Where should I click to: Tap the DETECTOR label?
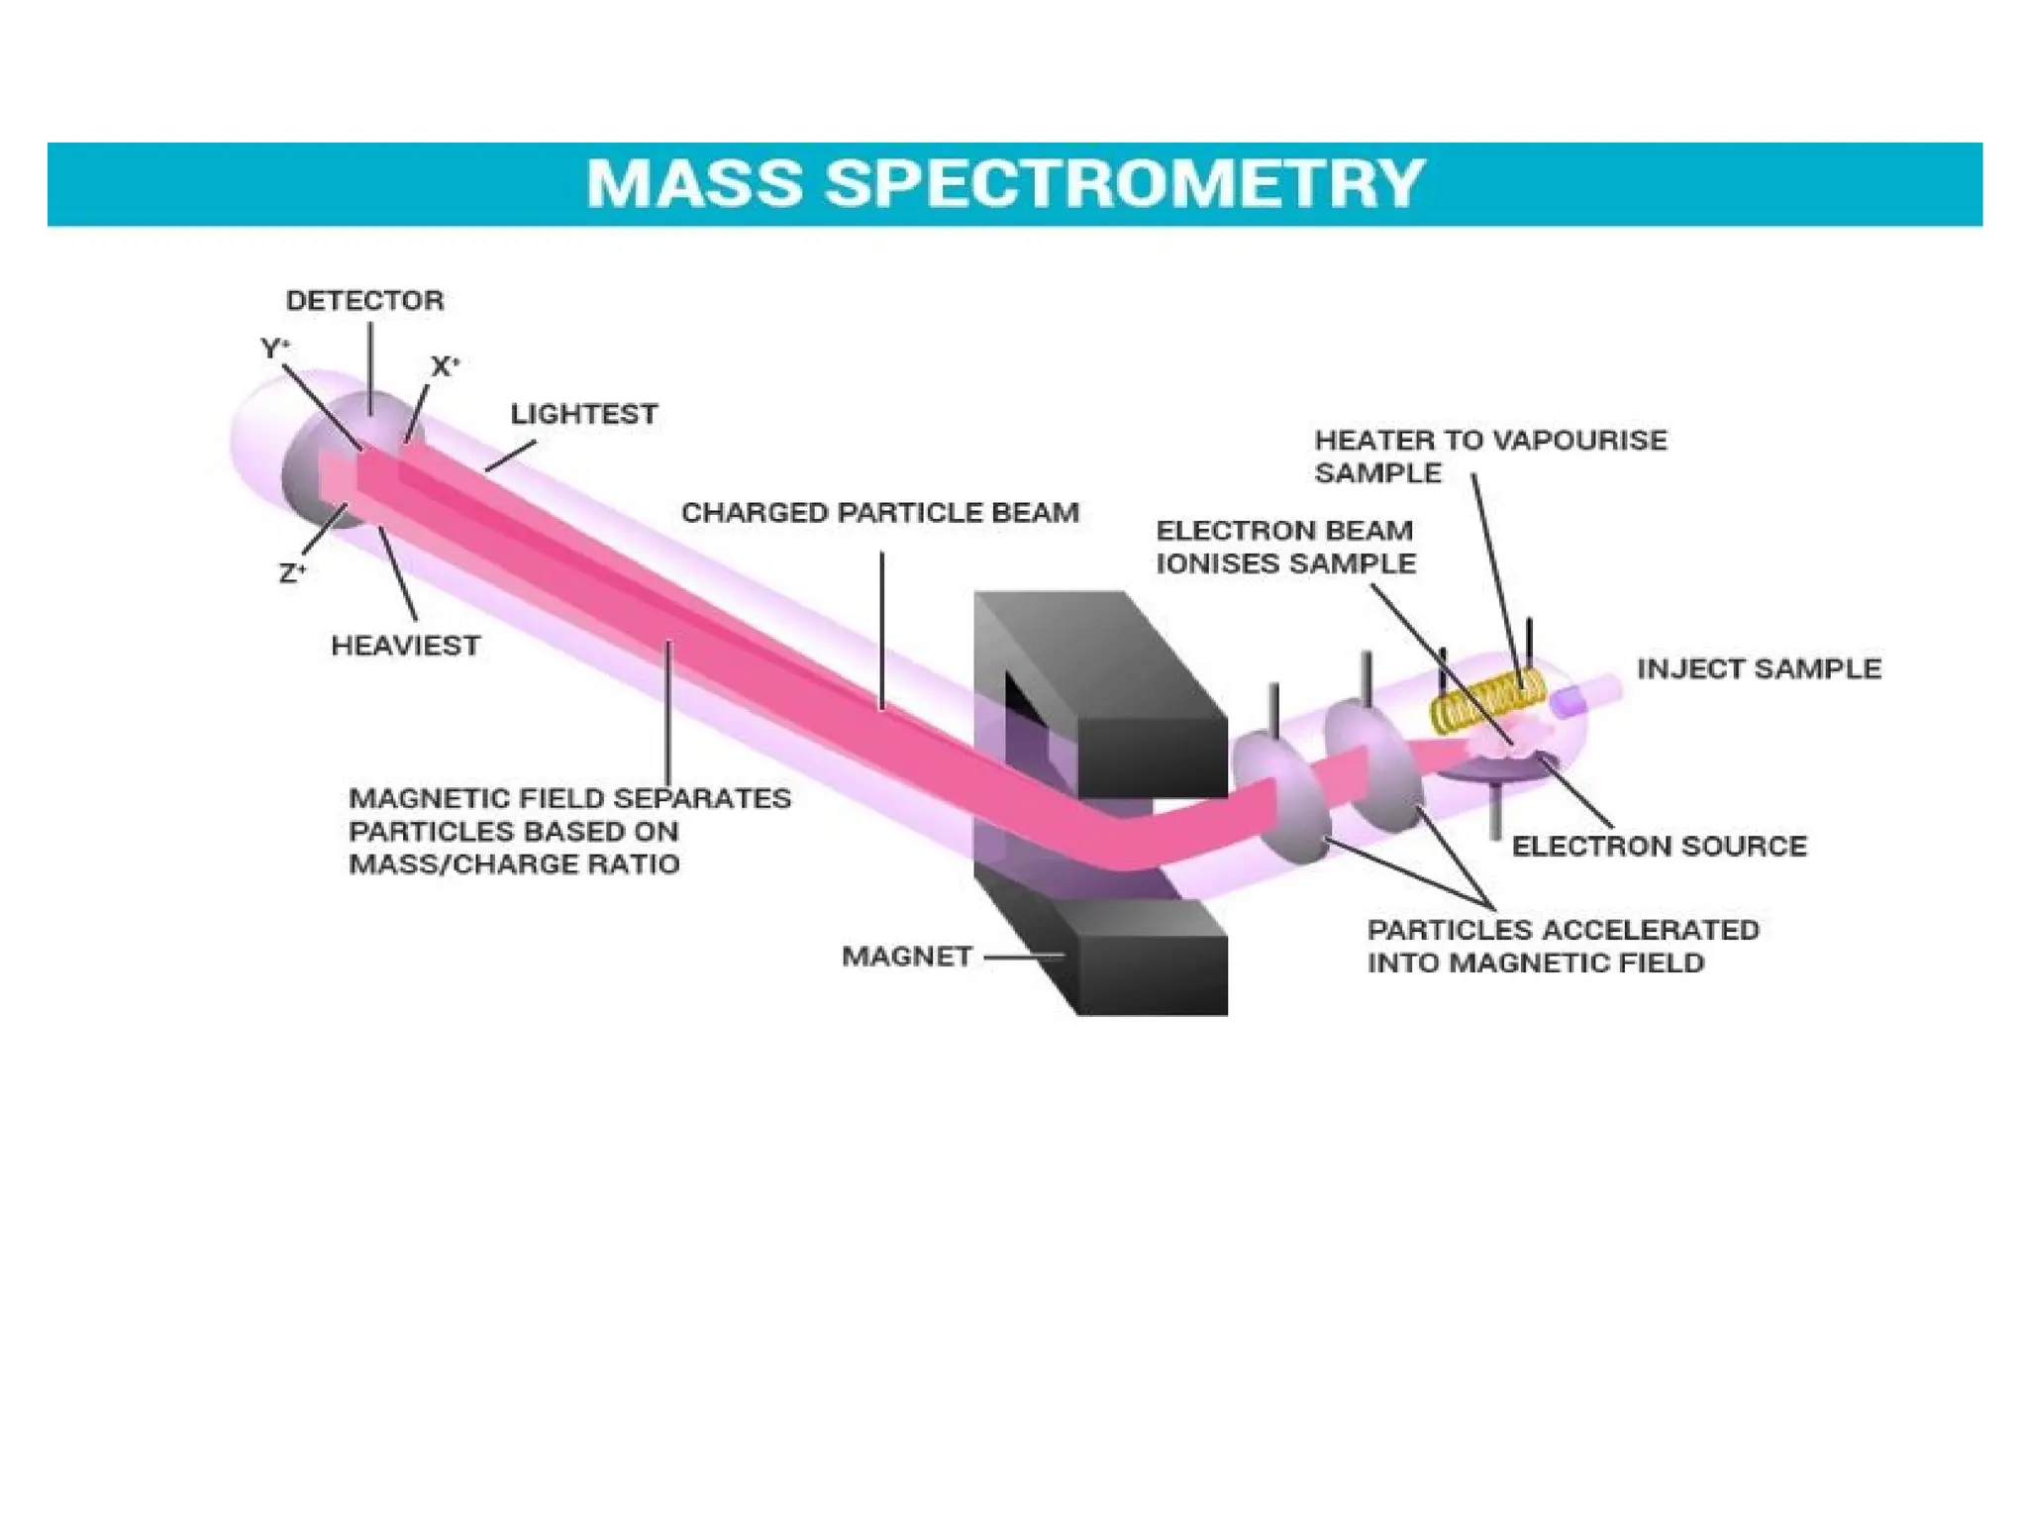pos(364,300)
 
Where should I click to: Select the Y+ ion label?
pos(274,349)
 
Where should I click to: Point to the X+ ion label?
pos(445,366)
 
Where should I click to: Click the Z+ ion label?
pos(292,573)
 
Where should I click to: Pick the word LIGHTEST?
pos(583,414)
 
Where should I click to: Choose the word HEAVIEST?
pos(405,646)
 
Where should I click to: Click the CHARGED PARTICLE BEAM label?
pos(879,513)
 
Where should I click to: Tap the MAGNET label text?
pos(906,957)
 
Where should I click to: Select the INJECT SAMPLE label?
pos(1759,668)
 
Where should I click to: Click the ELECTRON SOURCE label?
pos(1659,846)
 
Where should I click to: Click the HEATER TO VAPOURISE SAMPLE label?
pos(1489,456)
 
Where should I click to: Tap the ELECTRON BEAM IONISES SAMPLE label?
pos(1285,547)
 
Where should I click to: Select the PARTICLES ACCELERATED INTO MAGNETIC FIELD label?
pos(1562,946)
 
